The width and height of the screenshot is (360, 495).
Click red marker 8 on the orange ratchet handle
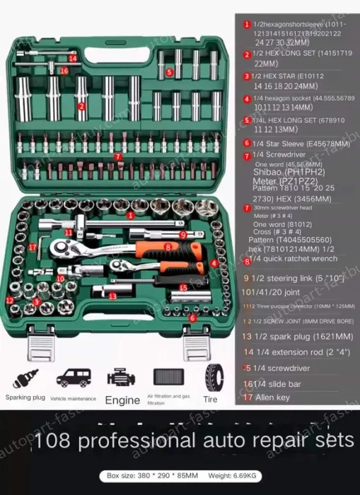[x=168, y=246]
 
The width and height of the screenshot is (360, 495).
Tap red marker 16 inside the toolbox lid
[x=64, y=70]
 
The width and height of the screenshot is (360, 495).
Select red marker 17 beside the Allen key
[x=33, y=247]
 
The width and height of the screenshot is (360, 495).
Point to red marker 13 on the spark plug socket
[x=113, y=296]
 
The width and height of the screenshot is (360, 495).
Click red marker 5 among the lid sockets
[x=170, y=72]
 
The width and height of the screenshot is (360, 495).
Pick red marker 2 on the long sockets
[x=82, y=106]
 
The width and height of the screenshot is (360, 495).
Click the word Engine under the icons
[x=122, y=400]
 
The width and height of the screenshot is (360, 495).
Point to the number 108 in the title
[x=54, y=441]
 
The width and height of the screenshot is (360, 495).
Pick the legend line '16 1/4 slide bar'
[x=268, y=384]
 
